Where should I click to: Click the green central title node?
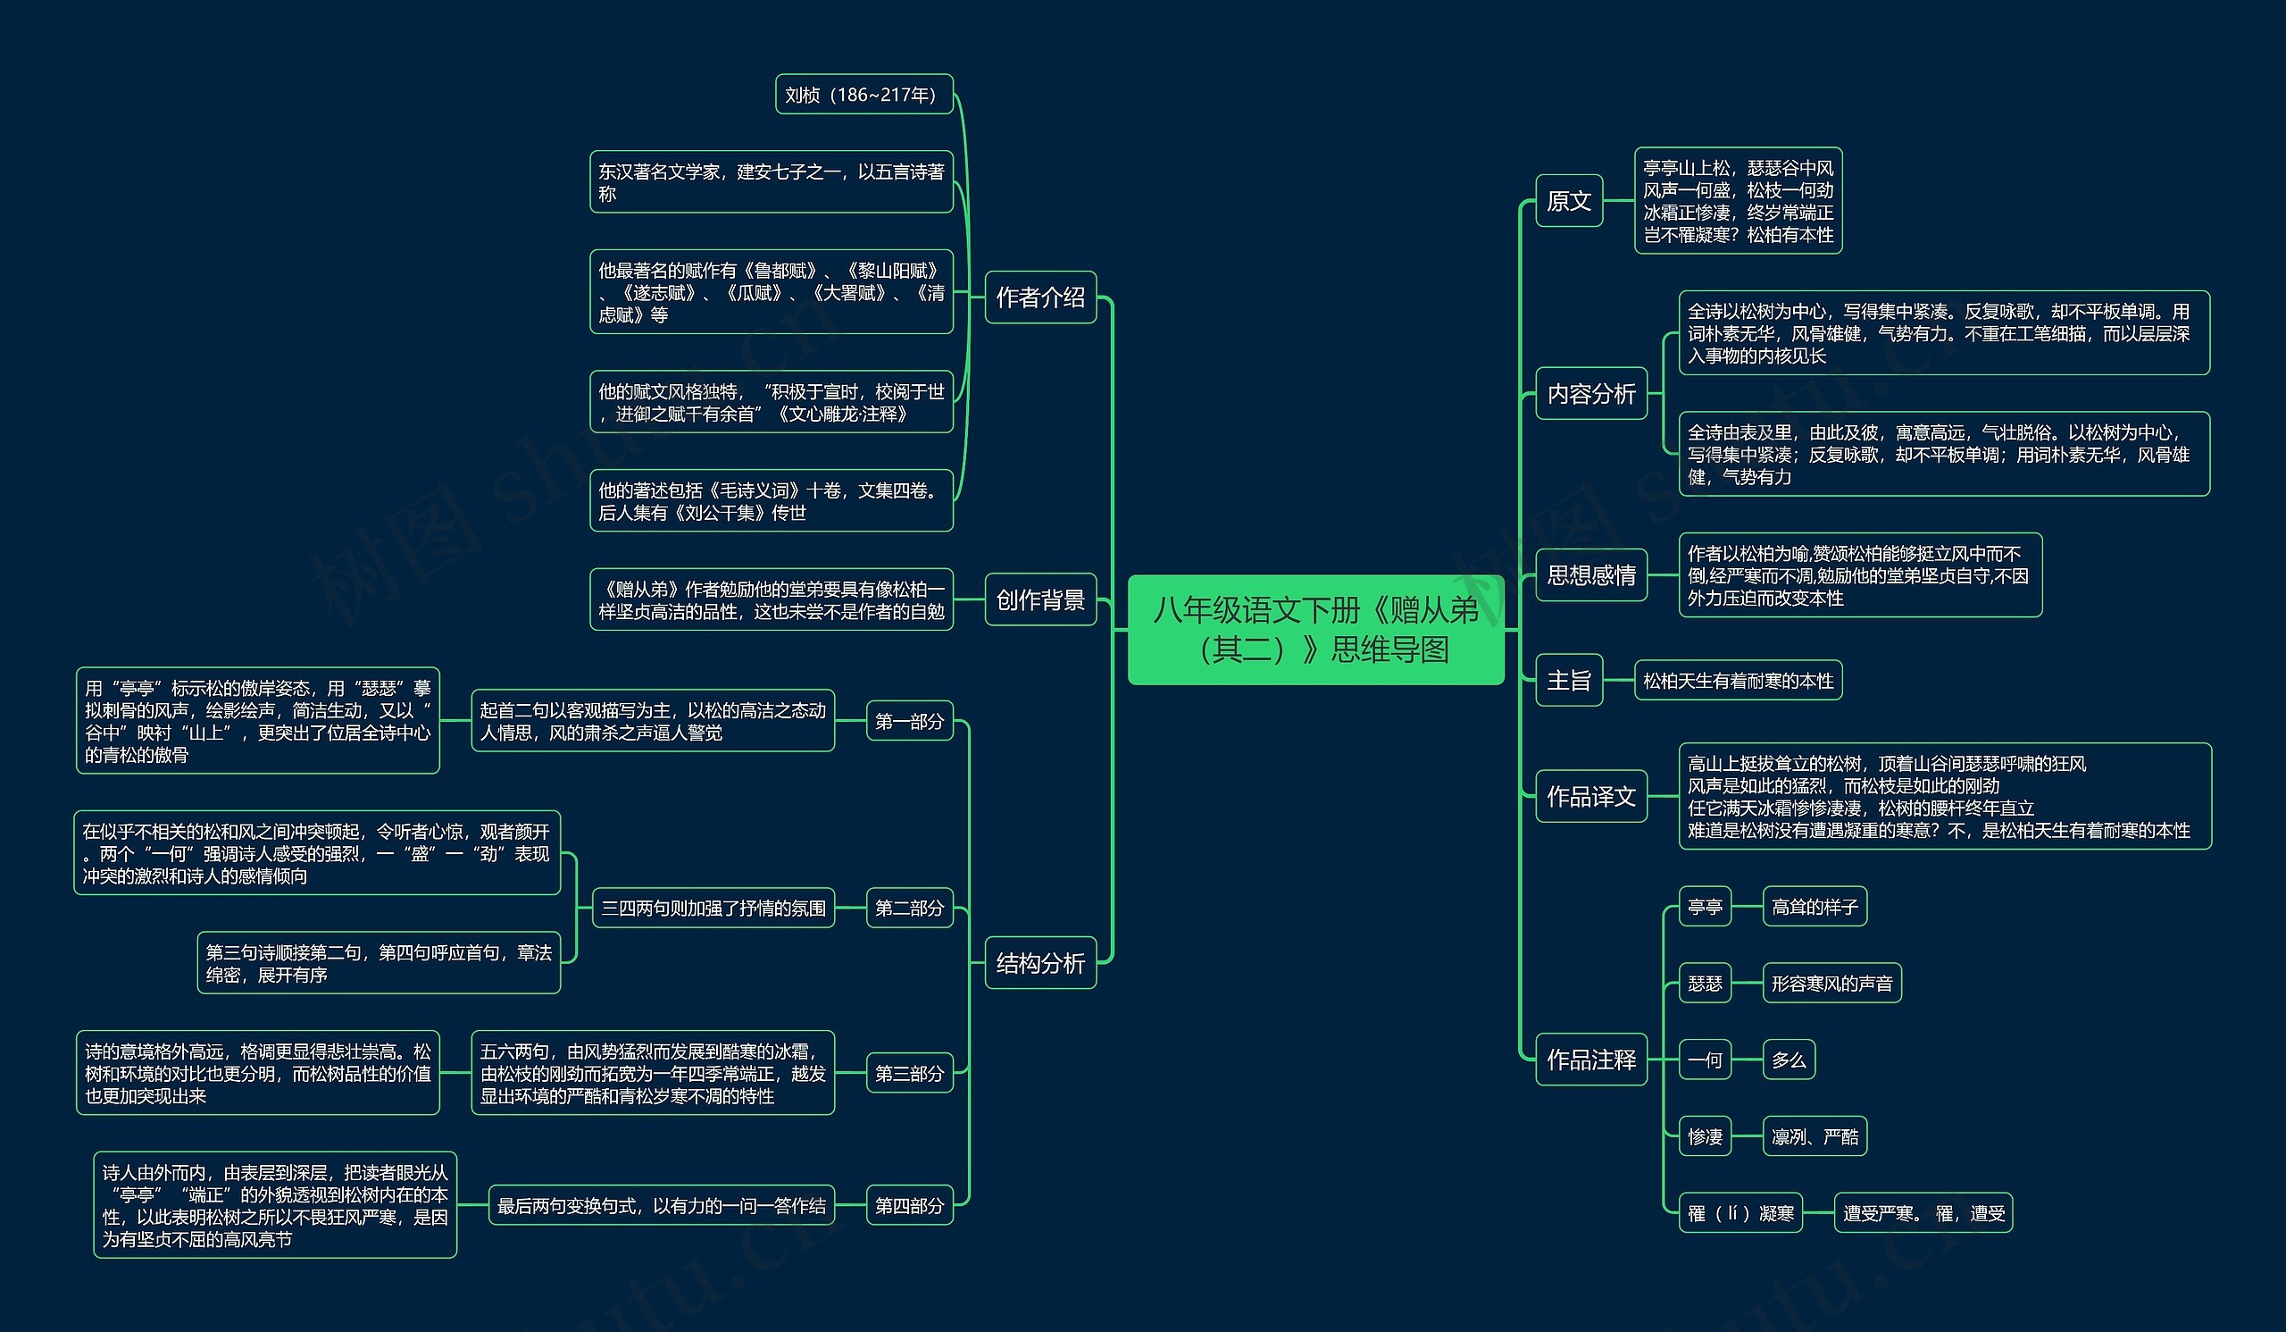click(1315, 630)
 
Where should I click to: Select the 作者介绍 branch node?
click(1040, 297)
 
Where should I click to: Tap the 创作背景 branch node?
click(1040, 599)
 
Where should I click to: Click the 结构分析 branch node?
click(1040, 963)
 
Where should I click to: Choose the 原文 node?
click(1568, 200)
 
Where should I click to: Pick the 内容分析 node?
click(1591, 394)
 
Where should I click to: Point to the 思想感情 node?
click(1591, 574)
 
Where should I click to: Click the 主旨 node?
click(1568, 680)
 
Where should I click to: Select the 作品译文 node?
click(1591, 796)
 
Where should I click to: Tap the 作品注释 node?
click(1591, 1059)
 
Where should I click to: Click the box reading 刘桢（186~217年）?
click(864, 95)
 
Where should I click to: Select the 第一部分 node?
click(909, 721)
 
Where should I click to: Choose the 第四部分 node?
click(909, 1205)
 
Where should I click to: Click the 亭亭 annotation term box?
click(1705, 907)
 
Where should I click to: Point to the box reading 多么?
click(1788, 1059)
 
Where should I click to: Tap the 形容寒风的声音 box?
click(1831, 983)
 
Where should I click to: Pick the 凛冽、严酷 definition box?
click(1815, 1136)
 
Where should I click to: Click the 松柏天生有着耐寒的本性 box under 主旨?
click(1737, 681)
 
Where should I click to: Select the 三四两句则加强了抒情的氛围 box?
click(713, 908)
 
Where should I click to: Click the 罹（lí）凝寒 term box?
click(1740, 1213)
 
